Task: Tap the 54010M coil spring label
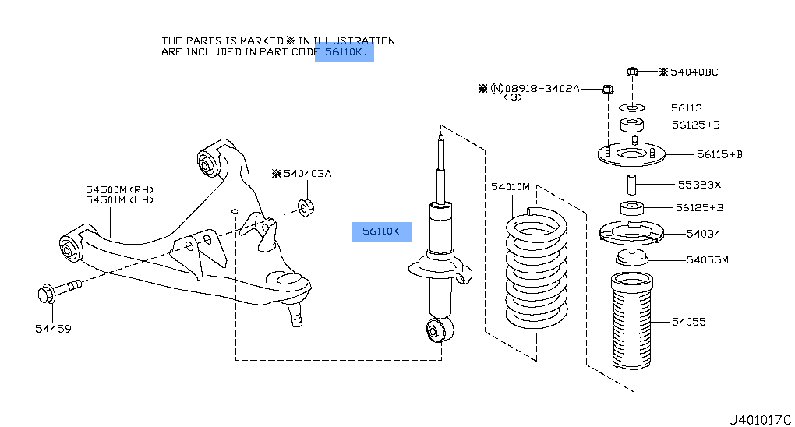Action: (511, 187)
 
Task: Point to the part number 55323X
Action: (699, 185)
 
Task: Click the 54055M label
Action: (707, 259)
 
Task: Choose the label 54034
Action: (703, 233)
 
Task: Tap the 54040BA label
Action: (307, 173)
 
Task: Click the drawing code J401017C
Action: (759, 419)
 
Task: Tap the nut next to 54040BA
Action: (306, 207)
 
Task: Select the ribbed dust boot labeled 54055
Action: (631, 321)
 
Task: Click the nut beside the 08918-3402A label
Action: (606, 90)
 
